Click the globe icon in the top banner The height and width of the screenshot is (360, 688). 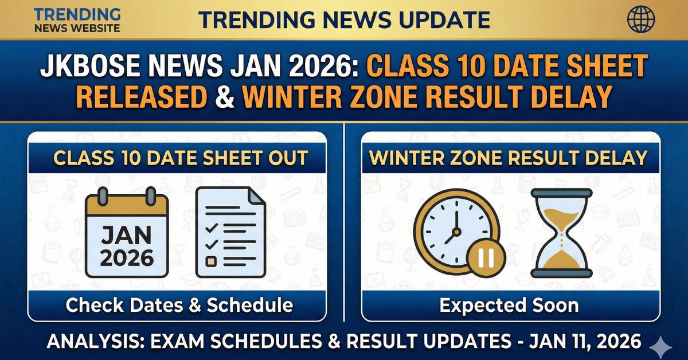point(641,19)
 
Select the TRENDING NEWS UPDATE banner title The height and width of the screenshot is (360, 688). point(344,19)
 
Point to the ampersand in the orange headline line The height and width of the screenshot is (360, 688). point(224,96)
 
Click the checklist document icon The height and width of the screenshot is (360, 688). point(230,233)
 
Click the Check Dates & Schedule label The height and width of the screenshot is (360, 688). point(179,305)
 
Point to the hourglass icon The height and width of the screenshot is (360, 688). point(561,233)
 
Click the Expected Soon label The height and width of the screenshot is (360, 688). point(509,305)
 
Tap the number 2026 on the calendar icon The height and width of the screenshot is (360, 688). point(127,257)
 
